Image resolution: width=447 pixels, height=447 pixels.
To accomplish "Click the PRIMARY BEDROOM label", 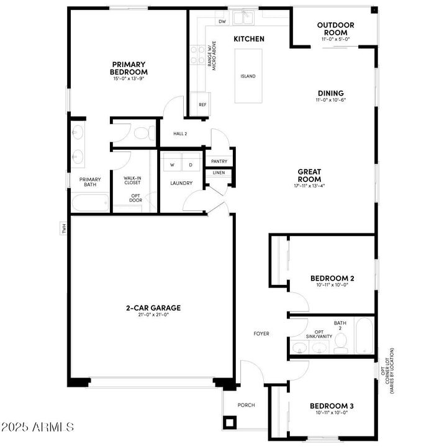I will click(x=129, y=68).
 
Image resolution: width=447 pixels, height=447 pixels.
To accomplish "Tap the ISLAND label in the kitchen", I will click(x=248, y=76).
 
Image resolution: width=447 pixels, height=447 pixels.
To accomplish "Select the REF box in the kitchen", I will click(x=202, y=104).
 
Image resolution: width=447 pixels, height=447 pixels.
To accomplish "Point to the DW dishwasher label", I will click(x=222, y=21).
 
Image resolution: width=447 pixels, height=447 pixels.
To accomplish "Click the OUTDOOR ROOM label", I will click(x=335, y=29).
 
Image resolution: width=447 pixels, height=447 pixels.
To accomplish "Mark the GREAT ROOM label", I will click(x=309, y=176).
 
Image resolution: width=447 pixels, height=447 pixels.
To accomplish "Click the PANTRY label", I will click(x=219, y=161).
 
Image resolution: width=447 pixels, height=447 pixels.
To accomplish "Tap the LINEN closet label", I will click(x=219, y=173).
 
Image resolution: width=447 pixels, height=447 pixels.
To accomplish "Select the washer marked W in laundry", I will click(x=172, y=165).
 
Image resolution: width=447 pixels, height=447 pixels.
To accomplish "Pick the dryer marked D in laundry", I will click(x=191, y=165).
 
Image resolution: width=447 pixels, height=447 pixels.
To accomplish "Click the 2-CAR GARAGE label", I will click(x=153, y=307).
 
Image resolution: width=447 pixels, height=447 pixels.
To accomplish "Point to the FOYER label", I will click(x=261, y=333).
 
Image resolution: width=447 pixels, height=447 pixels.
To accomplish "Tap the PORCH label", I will click(x=246, y=405).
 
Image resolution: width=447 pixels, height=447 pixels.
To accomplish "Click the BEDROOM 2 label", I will click(x=332, y=278).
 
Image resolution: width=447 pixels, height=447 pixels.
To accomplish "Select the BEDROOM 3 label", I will click(x=332, y=407).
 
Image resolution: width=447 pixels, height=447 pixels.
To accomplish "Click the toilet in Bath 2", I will click(x=341, y=345).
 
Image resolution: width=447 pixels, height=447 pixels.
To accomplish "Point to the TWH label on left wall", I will click(x=63, y=228).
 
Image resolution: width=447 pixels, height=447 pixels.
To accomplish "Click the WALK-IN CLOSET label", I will click(x=132, y=181).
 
